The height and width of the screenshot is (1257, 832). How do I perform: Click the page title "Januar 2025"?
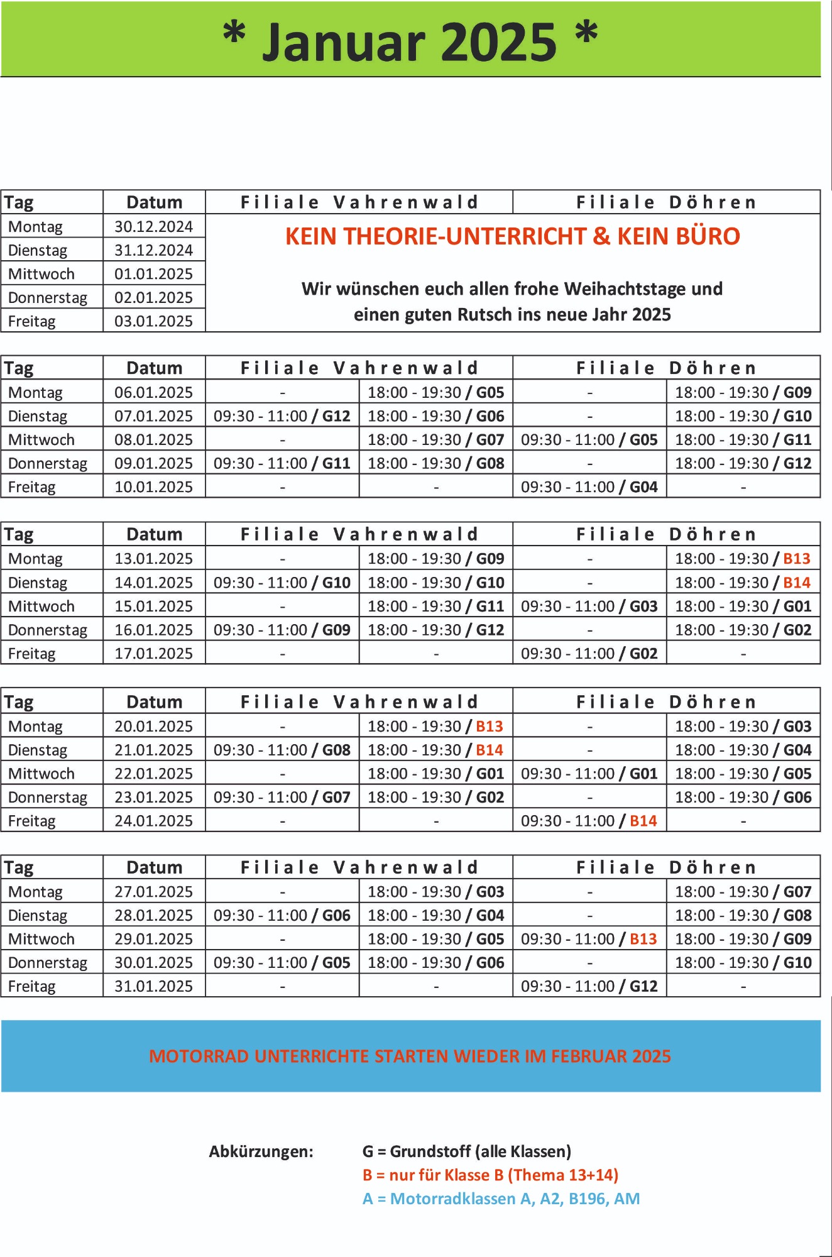point(410,41)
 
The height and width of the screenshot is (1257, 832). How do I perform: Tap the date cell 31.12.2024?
point(153,250)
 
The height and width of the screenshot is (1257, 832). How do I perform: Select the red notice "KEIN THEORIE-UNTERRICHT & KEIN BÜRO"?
point(512,236)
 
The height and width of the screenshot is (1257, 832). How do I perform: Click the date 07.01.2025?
point(153,416)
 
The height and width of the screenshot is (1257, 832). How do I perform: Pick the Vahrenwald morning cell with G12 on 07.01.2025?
point(282,416)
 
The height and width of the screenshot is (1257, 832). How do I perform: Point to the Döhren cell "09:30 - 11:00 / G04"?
point(589,487)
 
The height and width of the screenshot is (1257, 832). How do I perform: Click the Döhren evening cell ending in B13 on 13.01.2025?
point(743,559)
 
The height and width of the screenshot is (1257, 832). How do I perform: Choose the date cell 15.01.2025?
point(153,607)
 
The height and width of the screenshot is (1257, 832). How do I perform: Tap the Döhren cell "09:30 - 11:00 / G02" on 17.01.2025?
point(589,654)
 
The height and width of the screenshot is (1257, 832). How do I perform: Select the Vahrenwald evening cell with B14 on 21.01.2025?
point(435,750)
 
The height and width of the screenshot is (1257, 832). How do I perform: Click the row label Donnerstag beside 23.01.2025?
point(48,798)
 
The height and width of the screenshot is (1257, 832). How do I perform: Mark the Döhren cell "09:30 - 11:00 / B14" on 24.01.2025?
point(589,821)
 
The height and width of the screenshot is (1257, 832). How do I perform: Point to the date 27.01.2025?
point(153,892)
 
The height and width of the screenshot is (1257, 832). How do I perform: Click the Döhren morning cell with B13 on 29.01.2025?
point(589,939)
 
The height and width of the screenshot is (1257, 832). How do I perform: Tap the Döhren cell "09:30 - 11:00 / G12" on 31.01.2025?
point(589,986)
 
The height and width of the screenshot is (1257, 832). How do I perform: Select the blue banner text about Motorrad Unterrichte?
point(410,1056)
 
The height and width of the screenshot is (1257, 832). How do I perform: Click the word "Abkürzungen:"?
point(261,1151)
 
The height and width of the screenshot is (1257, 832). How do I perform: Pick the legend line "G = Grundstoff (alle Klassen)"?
point(467,1151)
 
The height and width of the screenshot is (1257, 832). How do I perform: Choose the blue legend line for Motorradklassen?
point(501,1199)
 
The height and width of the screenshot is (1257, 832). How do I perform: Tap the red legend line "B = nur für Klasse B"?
point(490,1175)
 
